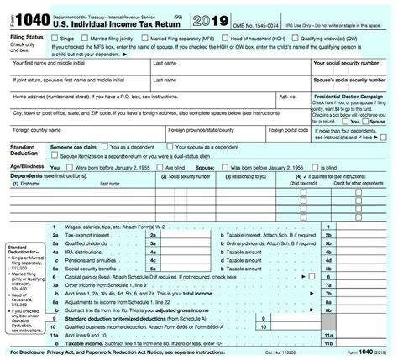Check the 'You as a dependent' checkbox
click(x=123, y=148)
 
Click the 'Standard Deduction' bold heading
click(x=22, y=151)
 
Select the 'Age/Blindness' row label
click(x=25, y=168)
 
